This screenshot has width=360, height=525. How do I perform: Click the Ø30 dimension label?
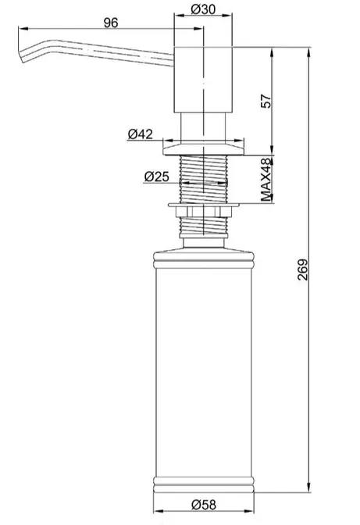pyautogui.click(x=203, y=9)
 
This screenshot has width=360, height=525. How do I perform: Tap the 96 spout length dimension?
pyautogui.click(x=111, y=23)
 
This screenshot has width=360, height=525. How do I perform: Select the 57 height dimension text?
pyautogui.click(x=266, y=101)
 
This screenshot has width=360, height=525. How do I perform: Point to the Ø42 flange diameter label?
pyautogui.click(x=141, y=134)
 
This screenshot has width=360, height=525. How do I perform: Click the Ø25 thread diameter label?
pyautogui.click(x=157, y=177)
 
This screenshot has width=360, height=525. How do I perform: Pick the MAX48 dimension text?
pyautogui.click(x=266, y=180)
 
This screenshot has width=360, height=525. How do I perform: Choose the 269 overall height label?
pyautogui.click(x=303, y=270)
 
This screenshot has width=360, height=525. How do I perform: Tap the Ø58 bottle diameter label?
pyautogui.click(x=204, y=505)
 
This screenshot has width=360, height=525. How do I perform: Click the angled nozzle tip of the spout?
pyautogui.click(x=21, y=56)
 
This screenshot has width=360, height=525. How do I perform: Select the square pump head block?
pyautogui.click(x=203, y=80)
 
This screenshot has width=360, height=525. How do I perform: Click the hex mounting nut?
pyautogui.click(x=203, y=212)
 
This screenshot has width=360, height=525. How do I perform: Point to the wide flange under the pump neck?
pyautogui.click(x=203, y=150)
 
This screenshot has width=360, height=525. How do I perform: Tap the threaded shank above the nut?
pyautogui.click(x=203, y=179)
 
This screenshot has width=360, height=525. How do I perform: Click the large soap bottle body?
pyautogui.click(x=203, y=372)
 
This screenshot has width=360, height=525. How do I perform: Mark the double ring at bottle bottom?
pyautogui.click(x=203, y=484)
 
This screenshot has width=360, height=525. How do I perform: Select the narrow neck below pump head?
pyautogui.click(x=203, y=128)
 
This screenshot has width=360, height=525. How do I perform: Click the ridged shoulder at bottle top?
pyautogui.click(x=203, y=258)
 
